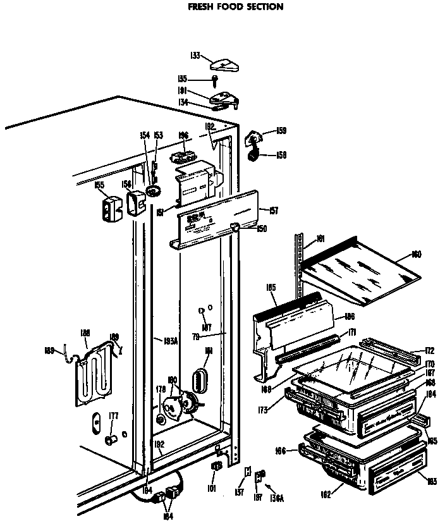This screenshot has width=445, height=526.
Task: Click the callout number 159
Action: point(281,131)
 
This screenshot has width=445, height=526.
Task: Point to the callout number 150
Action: point(261,228)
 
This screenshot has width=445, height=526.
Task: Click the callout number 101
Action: point(210,488)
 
